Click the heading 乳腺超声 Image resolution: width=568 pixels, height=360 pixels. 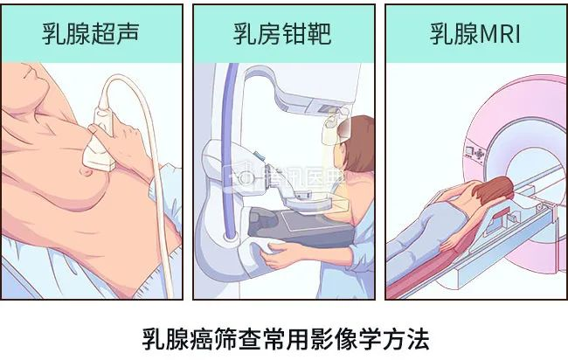(91, 34)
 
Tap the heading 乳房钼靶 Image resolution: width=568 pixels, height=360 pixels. (282, 34)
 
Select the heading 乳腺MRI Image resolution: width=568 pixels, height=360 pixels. (475, 34)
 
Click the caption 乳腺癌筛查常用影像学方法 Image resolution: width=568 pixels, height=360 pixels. (286, 339)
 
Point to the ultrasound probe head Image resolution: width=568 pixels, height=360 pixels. (99, 156)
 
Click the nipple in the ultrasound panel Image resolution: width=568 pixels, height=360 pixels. (87, 170)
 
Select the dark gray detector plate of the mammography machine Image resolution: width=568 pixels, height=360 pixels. (301, 227)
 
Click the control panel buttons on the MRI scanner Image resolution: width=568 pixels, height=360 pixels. (474, 152)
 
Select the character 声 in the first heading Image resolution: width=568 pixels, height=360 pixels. (128, 34)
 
